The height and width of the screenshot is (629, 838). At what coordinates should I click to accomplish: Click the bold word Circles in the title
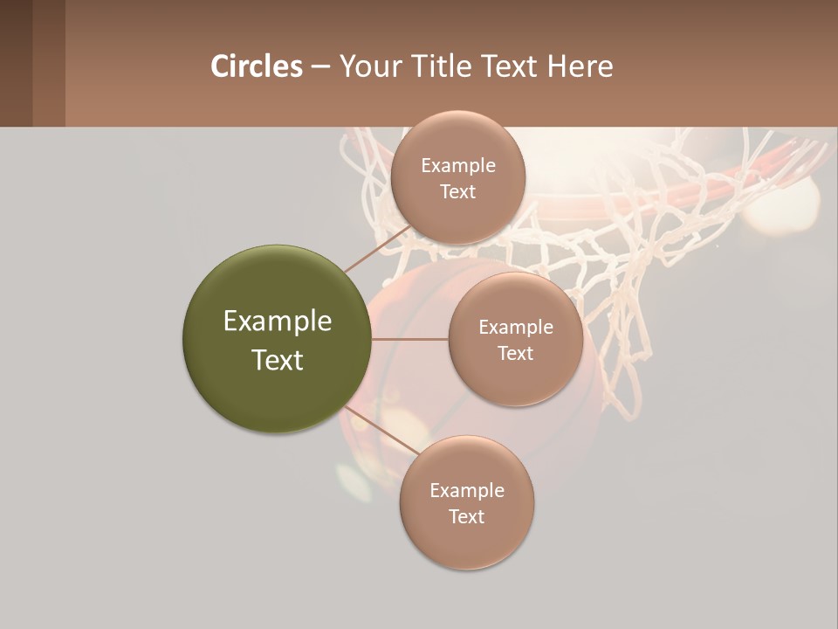point(257,66)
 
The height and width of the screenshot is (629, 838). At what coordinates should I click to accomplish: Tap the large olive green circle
point(277,339)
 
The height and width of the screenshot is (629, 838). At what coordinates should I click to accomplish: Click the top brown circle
point(457,177)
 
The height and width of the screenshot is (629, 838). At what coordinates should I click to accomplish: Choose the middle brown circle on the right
point(515,339)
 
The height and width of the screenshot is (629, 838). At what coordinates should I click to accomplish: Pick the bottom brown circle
point(466,502)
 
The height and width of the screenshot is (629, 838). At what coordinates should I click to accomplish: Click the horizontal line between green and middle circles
point(410,339)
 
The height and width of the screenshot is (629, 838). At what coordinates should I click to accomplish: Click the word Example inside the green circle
point(277,321)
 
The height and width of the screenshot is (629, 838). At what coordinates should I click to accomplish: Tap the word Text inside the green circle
point(277,360)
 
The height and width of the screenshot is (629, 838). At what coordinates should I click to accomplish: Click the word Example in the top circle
point(457,165)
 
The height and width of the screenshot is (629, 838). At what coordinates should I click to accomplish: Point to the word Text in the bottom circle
point(466,516)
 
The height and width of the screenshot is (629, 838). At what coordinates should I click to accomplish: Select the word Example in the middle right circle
point(515,327)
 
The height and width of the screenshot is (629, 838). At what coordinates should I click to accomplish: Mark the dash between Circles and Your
point(320,66)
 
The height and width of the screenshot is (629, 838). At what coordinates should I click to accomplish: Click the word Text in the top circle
point(457,191)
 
